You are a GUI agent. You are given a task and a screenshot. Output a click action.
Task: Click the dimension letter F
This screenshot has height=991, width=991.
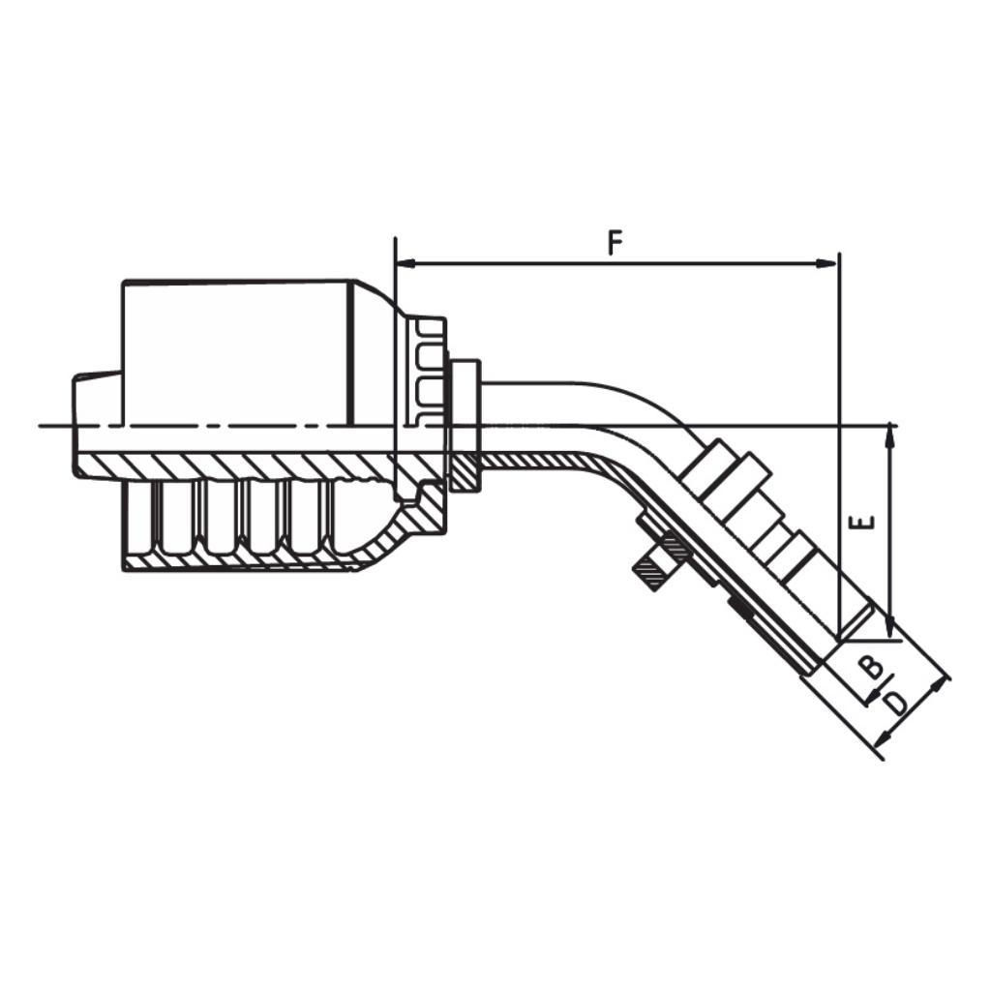616,242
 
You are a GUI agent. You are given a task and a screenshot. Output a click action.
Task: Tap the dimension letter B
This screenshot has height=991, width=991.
871,666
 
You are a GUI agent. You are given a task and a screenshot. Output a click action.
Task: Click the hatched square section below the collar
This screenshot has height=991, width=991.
465,473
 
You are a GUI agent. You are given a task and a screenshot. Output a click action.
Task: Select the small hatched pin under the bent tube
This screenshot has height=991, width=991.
655,573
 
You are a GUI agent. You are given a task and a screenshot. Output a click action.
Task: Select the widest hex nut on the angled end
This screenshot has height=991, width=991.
725,474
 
